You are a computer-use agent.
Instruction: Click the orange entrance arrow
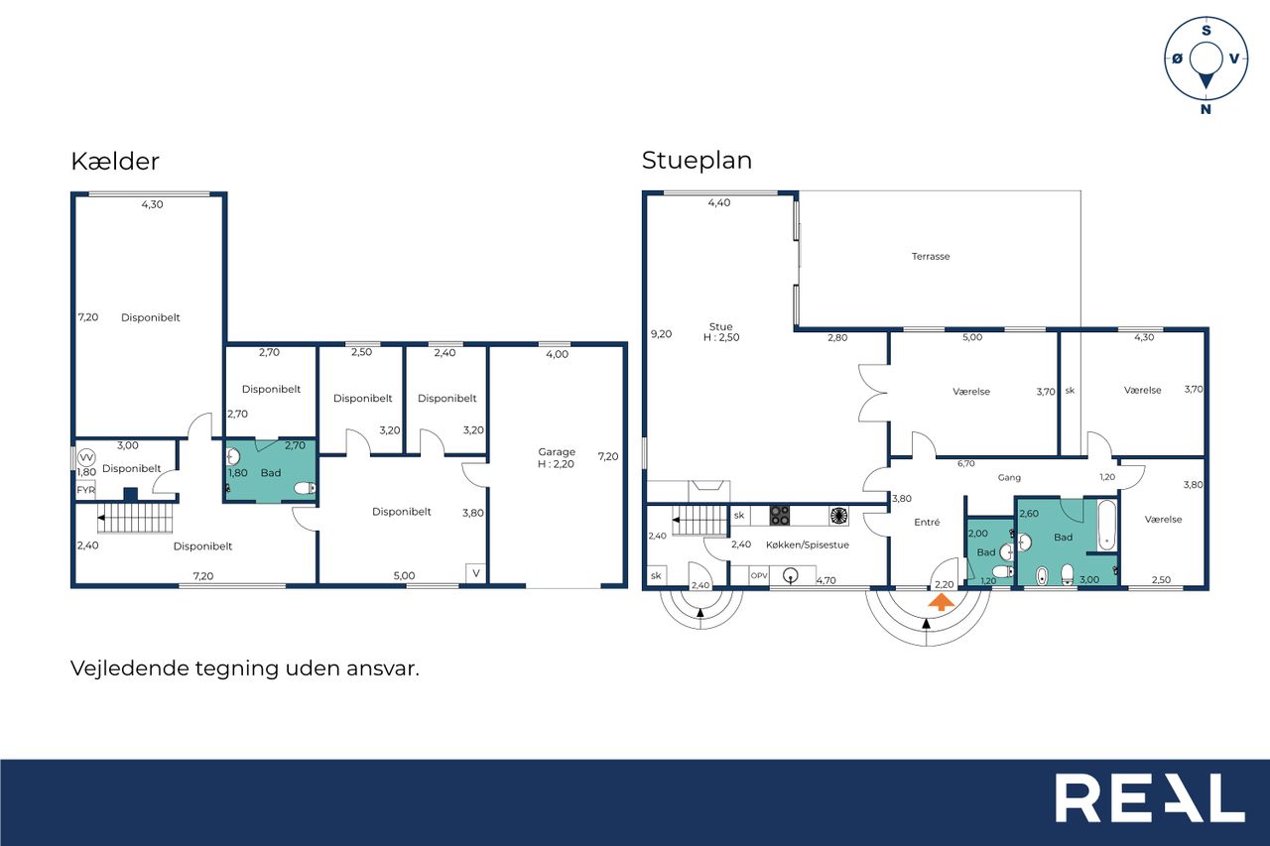942,602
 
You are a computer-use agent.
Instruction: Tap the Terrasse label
931,256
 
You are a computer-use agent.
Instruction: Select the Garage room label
557,451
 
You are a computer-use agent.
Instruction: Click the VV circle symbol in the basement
86,457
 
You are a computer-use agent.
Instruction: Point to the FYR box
85,490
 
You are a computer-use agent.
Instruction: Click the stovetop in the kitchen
780,516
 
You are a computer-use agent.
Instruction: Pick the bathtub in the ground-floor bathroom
1106,525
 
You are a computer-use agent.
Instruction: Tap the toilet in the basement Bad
305,487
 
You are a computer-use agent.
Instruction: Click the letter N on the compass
1206,109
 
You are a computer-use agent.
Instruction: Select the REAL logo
1150,797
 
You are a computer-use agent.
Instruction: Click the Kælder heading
115,162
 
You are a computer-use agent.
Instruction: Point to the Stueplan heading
697,161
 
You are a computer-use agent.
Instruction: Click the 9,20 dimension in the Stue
661,334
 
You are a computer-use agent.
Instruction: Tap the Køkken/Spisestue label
808,545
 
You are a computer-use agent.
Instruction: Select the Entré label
927,523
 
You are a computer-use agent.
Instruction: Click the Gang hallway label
1009,478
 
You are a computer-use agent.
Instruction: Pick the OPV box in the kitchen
759,575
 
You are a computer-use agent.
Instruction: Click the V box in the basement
476,573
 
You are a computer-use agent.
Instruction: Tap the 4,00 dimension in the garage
557,354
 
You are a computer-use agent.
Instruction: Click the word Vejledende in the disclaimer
130,668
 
